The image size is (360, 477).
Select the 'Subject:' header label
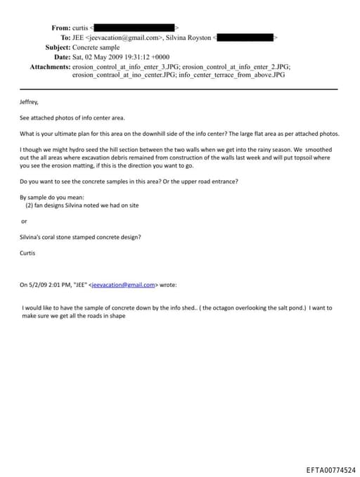coord(58,47)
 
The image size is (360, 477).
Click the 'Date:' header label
coord(62,57)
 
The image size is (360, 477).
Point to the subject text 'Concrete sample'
coord(96,47)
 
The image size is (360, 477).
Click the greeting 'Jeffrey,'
coord(31,102)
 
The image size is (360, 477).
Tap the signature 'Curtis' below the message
coord(29,253)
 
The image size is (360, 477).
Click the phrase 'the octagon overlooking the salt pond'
coord(226,308)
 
